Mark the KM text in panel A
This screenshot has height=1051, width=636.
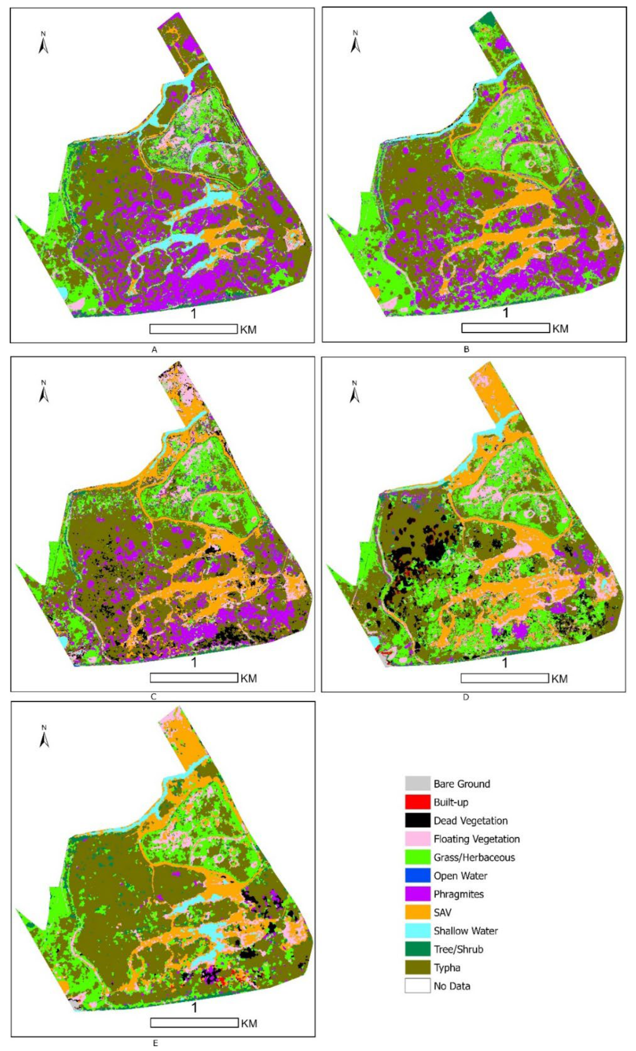(248, 329)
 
